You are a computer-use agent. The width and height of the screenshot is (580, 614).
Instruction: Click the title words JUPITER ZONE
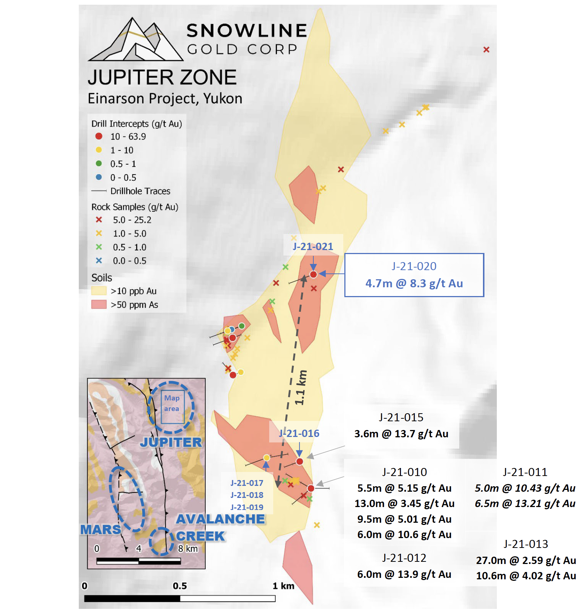tap(162, 77)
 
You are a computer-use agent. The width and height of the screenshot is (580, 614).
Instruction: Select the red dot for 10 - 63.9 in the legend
tap(98, 136)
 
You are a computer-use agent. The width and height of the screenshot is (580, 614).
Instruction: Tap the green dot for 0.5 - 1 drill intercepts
tap(98, 164)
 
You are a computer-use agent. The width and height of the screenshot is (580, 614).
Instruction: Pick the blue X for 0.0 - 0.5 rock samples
tap(98, 261)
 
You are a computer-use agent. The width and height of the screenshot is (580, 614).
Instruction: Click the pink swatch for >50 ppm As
tap(98, 304)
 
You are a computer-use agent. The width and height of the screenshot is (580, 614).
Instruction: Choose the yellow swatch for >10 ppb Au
tap(98, 291)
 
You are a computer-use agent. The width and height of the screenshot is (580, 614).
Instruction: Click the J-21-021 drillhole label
tap(313, 247)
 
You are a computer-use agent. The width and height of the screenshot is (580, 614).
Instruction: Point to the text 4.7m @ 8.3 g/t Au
tap(414, 284)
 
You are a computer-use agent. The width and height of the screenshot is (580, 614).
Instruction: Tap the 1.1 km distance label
tap(301, 387)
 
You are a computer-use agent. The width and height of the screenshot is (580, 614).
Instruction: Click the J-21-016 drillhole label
tap(299, 434)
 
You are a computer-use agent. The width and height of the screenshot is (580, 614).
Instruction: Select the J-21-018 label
tap(247, 495)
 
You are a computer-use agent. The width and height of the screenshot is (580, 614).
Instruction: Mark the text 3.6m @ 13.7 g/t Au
tap(401, 434)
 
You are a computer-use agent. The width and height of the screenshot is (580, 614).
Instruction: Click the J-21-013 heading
tap(526, 544)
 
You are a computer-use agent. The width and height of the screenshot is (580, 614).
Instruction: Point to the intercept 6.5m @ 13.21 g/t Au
tap(525, 504)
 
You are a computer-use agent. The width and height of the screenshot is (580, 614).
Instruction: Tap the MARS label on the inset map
tap(100, 530)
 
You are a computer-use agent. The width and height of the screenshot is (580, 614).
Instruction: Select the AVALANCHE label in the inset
tap(220, 519)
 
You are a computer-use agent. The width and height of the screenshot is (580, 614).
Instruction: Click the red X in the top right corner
tap(486, 50)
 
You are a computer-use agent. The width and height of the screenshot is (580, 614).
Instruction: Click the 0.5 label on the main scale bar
tap(180, 586)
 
